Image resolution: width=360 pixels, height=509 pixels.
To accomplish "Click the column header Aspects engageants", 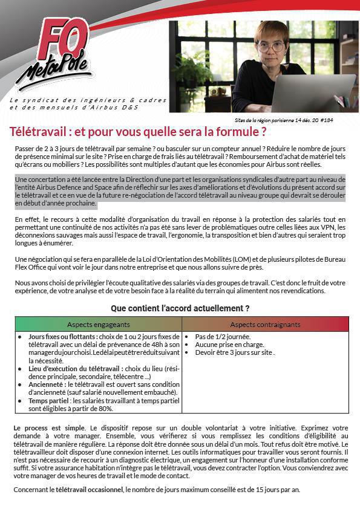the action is pos(98,325).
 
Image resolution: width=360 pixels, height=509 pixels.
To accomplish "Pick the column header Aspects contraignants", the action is pos(265,325).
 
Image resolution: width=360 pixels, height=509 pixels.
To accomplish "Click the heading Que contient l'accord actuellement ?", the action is pos(180,308).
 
